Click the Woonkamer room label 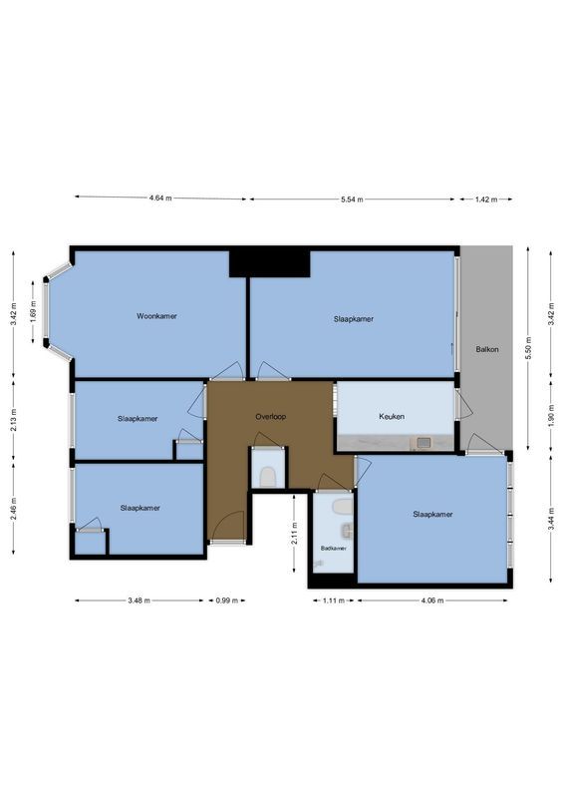point(157,316)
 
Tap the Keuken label point(391,416)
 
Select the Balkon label point(487,349)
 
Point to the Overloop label point(270,416)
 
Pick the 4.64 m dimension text point(160,199)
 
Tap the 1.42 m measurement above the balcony point(485,199)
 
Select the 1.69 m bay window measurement point(34,313)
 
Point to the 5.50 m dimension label point(529,348)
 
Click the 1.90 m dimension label point(551,417)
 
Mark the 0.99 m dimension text point(227,601)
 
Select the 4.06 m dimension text point(432,601)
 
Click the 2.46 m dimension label point(13,508)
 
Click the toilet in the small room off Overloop point(266,476)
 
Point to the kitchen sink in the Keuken point(423,443)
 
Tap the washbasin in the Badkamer point(344,507)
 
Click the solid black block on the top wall point(269,263)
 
